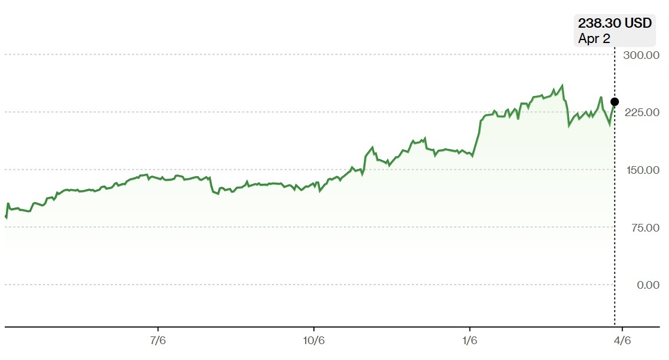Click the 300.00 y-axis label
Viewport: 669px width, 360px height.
tap(641, 55)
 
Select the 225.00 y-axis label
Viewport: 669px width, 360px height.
tap(642, 113)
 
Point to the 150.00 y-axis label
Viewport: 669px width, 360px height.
tap(642, 170)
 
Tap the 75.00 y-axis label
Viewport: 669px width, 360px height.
tap(645, 227)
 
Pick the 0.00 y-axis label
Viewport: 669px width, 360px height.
tap(648, 285)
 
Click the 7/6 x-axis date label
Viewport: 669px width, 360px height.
tap(158, 341)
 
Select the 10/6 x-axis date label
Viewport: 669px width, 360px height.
tap(313, 341)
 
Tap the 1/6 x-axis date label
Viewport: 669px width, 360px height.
tap(470, 341)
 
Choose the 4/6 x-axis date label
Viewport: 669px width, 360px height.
tap(622, 341)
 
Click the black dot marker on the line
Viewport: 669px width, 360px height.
tap(614, 102)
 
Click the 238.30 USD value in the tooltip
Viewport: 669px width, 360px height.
tap(615, 22)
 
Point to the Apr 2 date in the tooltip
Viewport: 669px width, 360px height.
tap(594, 38)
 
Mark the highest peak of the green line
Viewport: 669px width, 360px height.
tap(562, 85)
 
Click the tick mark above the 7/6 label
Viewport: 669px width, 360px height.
tap(158, 329)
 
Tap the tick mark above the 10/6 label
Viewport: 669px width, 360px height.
tap(313, 329)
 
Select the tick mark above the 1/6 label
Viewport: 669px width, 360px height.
tap(470, 329)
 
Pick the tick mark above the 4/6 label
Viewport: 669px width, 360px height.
tap(622, 329)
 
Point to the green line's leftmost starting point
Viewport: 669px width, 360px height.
tap(5, 216)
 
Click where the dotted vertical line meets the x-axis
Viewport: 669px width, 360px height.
tap(614, 327)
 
